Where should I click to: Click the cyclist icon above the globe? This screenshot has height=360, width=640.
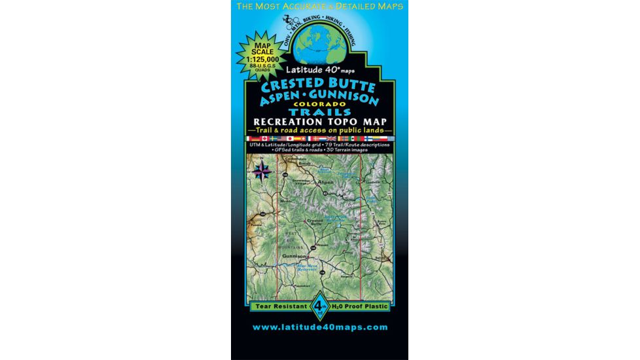tap(289, 21)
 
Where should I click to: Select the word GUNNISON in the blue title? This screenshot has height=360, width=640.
tap(346, 100)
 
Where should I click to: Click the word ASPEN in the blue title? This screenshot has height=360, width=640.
tap(279, 100)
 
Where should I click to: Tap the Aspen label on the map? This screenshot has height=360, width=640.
tap(325, 181)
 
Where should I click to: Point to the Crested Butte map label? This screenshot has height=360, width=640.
tap(315, 222)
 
